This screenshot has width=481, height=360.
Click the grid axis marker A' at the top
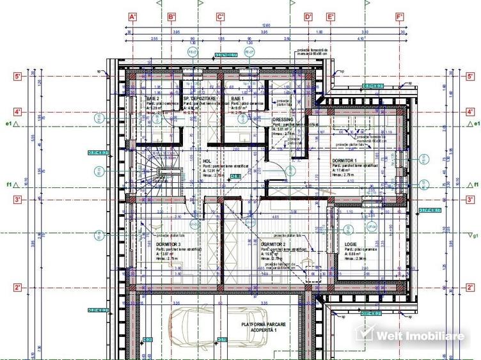pyautogui.click(x=134, y=17)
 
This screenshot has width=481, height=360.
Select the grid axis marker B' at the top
pyautogui.click(x=171, y=17)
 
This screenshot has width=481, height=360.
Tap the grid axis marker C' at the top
pyautogui.click(x=220, y=17)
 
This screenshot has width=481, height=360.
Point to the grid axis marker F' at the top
pyautogui.click(x=400, y=17)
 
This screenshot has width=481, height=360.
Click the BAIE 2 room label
pyautogui.click(x=154, y=99)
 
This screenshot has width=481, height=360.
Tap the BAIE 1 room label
pyautogui.click(x=237, y=99)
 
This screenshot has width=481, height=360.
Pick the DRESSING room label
pyautogui.click(x=283, y=120)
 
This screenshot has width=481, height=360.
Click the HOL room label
pyautogui.click(x=207, y=162)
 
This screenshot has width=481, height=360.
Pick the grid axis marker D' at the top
pyautogui.click(x=308, y=17)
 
